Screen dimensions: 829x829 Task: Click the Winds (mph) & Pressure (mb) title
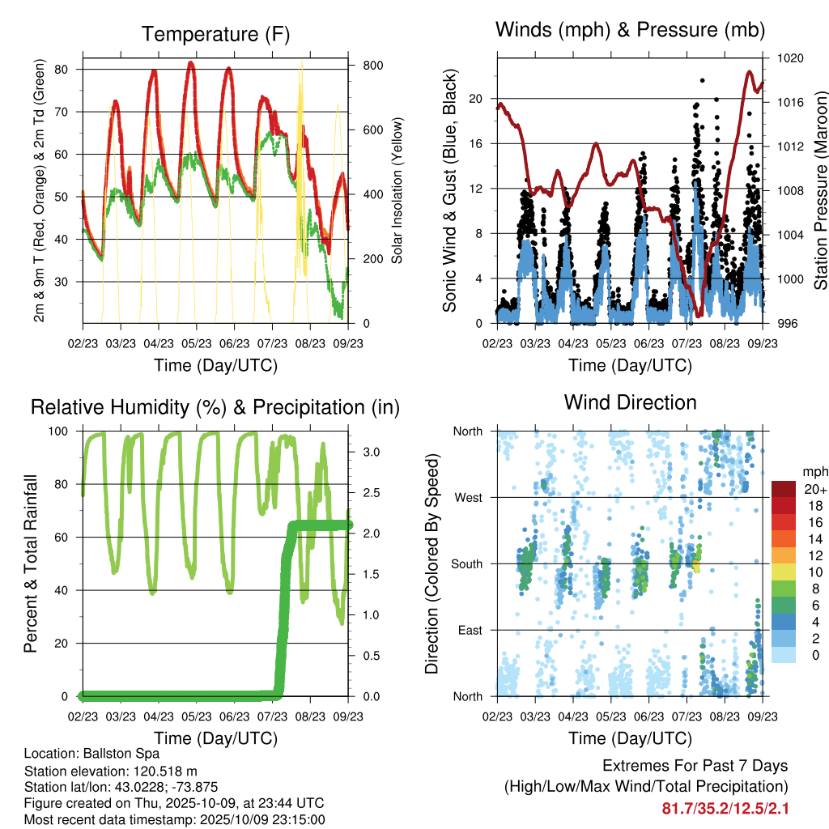coord(630,31)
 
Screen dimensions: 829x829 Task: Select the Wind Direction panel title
coord(630,402)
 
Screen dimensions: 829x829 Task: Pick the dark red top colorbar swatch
coord(784,489)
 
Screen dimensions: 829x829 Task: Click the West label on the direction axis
coord(468,497)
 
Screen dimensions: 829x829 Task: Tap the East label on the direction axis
coord(470,630)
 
